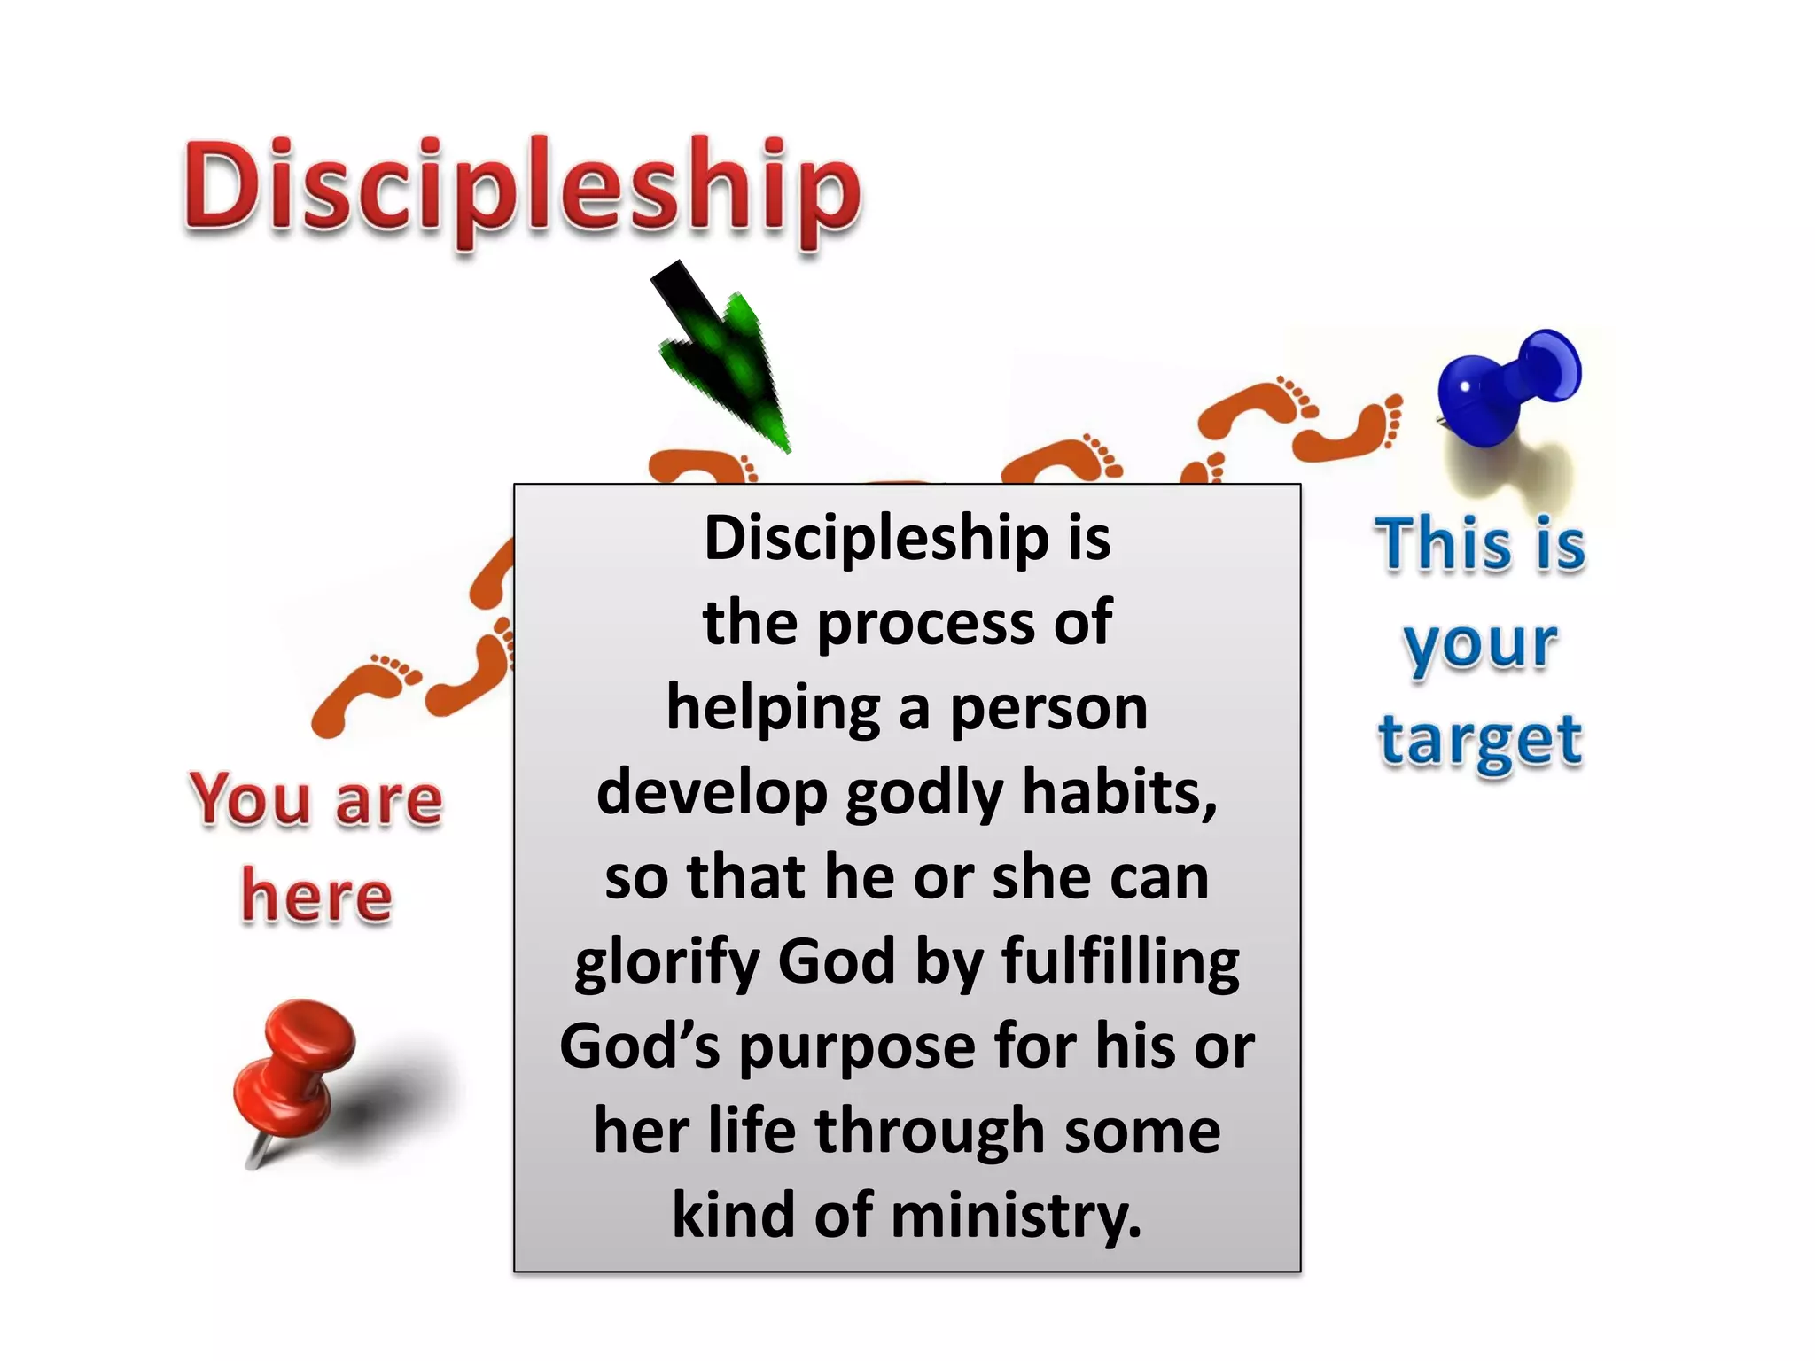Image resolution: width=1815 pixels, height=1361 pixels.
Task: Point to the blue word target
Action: (1480, 741)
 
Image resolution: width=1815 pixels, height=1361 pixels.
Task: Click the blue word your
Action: (1480, 643)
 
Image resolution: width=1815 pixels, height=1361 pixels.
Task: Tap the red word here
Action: (316, 896)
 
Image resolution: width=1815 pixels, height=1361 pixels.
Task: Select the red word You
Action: (250, 799)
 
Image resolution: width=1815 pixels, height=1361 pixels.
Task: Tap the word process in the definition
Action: (925, 623)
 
